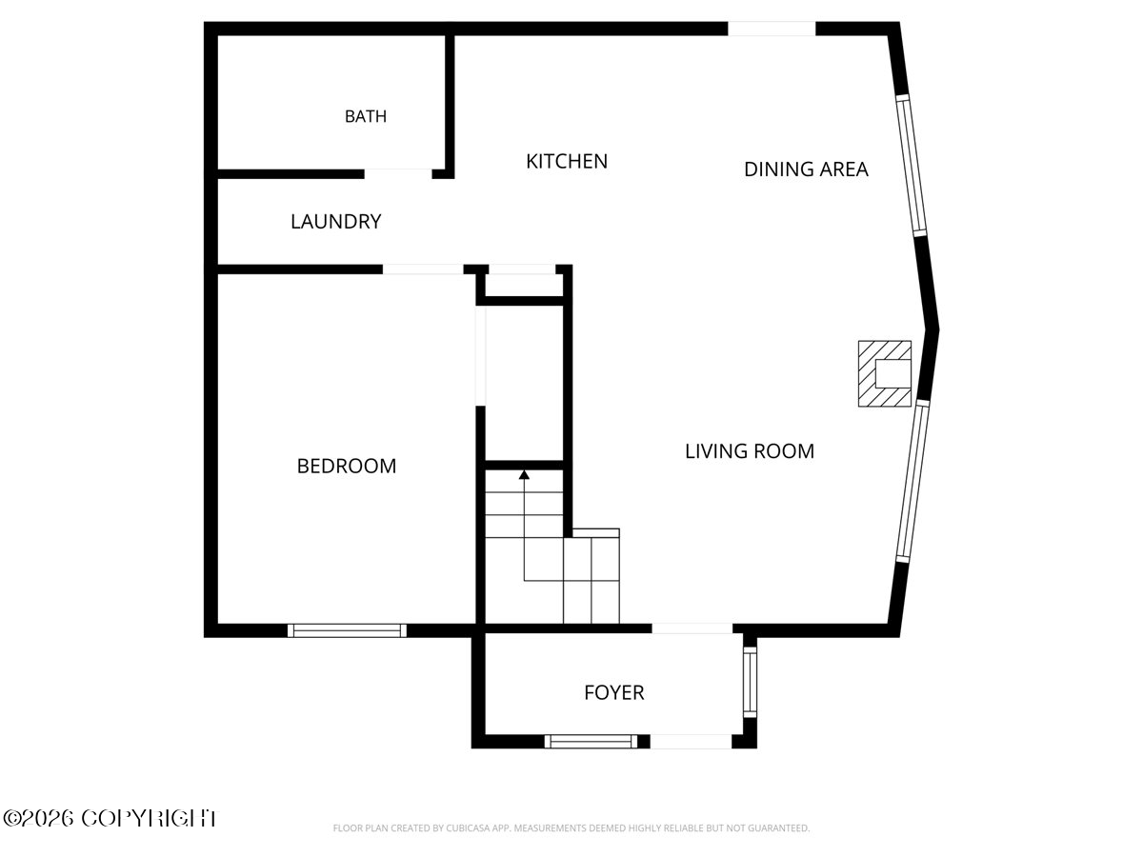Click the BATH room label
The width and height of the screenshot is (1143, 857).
pos(366,116)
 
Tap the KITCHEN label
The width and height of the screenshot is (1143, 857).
pos(567,161)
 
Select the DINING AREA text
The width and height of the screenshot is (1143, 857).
pos(806,169)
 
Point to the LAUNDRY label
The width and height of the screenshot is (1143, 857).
pos(336,222)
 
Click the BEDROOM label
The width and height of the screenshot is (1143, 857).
pos(347,466)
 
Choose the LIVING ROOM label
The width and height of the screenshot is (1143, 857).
pos(750,451)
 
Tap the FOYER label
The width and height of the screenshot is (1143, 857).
pos(614,692)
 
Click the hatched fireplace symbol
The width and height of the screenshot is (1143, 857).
pos(885,373)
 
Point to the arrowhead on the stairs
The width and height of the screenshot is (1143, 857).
pos(525,474)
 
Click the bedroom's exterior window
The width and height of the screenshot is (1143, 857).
pos(347,630)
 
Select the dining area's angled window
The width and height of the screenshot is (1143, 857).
pos(912,166)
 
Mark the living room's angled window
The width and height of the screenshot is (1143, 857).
pos(912,481)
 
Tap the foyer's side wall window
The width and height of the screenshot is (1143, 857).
pos(750,682)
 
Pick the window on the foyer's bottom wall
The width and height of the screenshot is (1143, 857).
pos(592,742)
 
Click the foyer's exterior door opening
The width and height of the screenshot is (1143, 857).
pos(691,742)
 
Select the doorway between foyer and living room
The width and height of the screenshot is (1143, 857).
pos(692,628)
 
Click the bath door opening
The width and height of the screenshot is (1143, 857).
pos(398,174)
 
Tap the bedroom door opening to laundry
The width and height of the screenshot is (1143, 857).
pos(423,269)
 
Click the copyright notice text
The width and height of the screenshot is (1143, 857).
pos(110,819)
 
